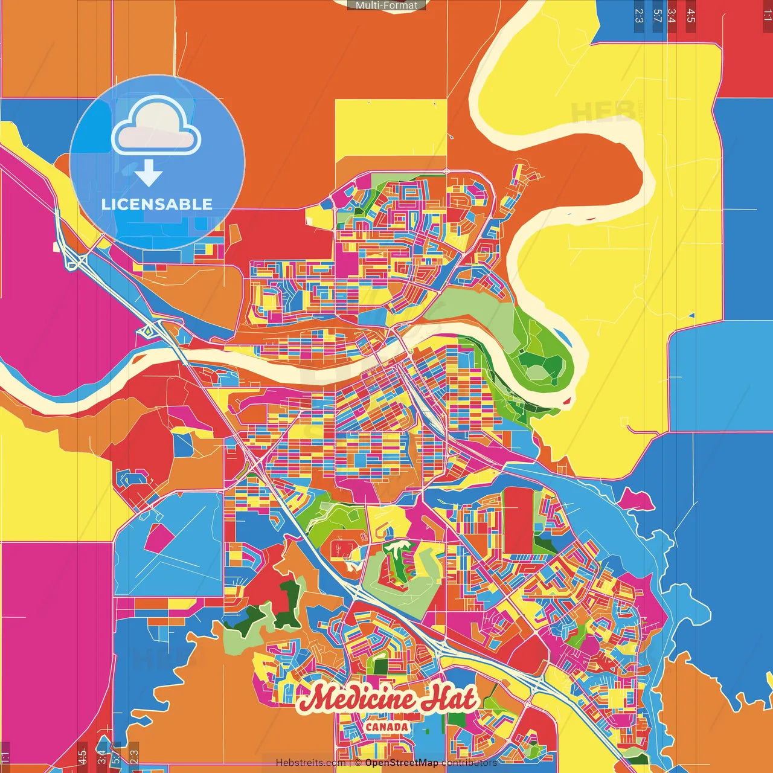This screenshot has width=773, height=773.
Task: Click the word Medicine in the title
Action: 356,700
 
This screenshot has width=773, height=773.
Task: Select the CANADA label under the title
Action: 387,726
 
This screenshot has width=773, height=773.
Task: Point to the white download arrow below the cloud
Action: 149,173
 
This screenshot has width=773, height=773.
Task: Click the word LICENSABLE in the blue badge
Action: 157,204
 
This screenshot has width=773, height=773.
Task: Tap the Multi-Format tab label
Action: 386,5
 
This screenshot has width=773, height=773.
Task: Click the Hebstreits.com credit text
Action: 310,763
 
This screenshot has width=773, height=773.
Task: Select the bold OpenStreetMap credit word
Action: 402,763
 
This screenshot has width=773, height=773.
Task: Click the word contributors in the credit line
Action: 469,763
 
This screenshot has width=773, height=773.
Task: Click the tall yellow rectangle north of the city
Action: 391,127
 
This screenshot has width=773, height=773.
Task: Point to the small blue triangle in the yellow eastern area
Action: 692,315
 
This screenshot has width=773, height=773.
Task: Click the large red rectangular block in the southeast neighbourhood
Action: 518,520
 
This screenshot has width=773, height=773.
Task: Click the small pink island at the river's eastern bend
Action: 568,400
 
